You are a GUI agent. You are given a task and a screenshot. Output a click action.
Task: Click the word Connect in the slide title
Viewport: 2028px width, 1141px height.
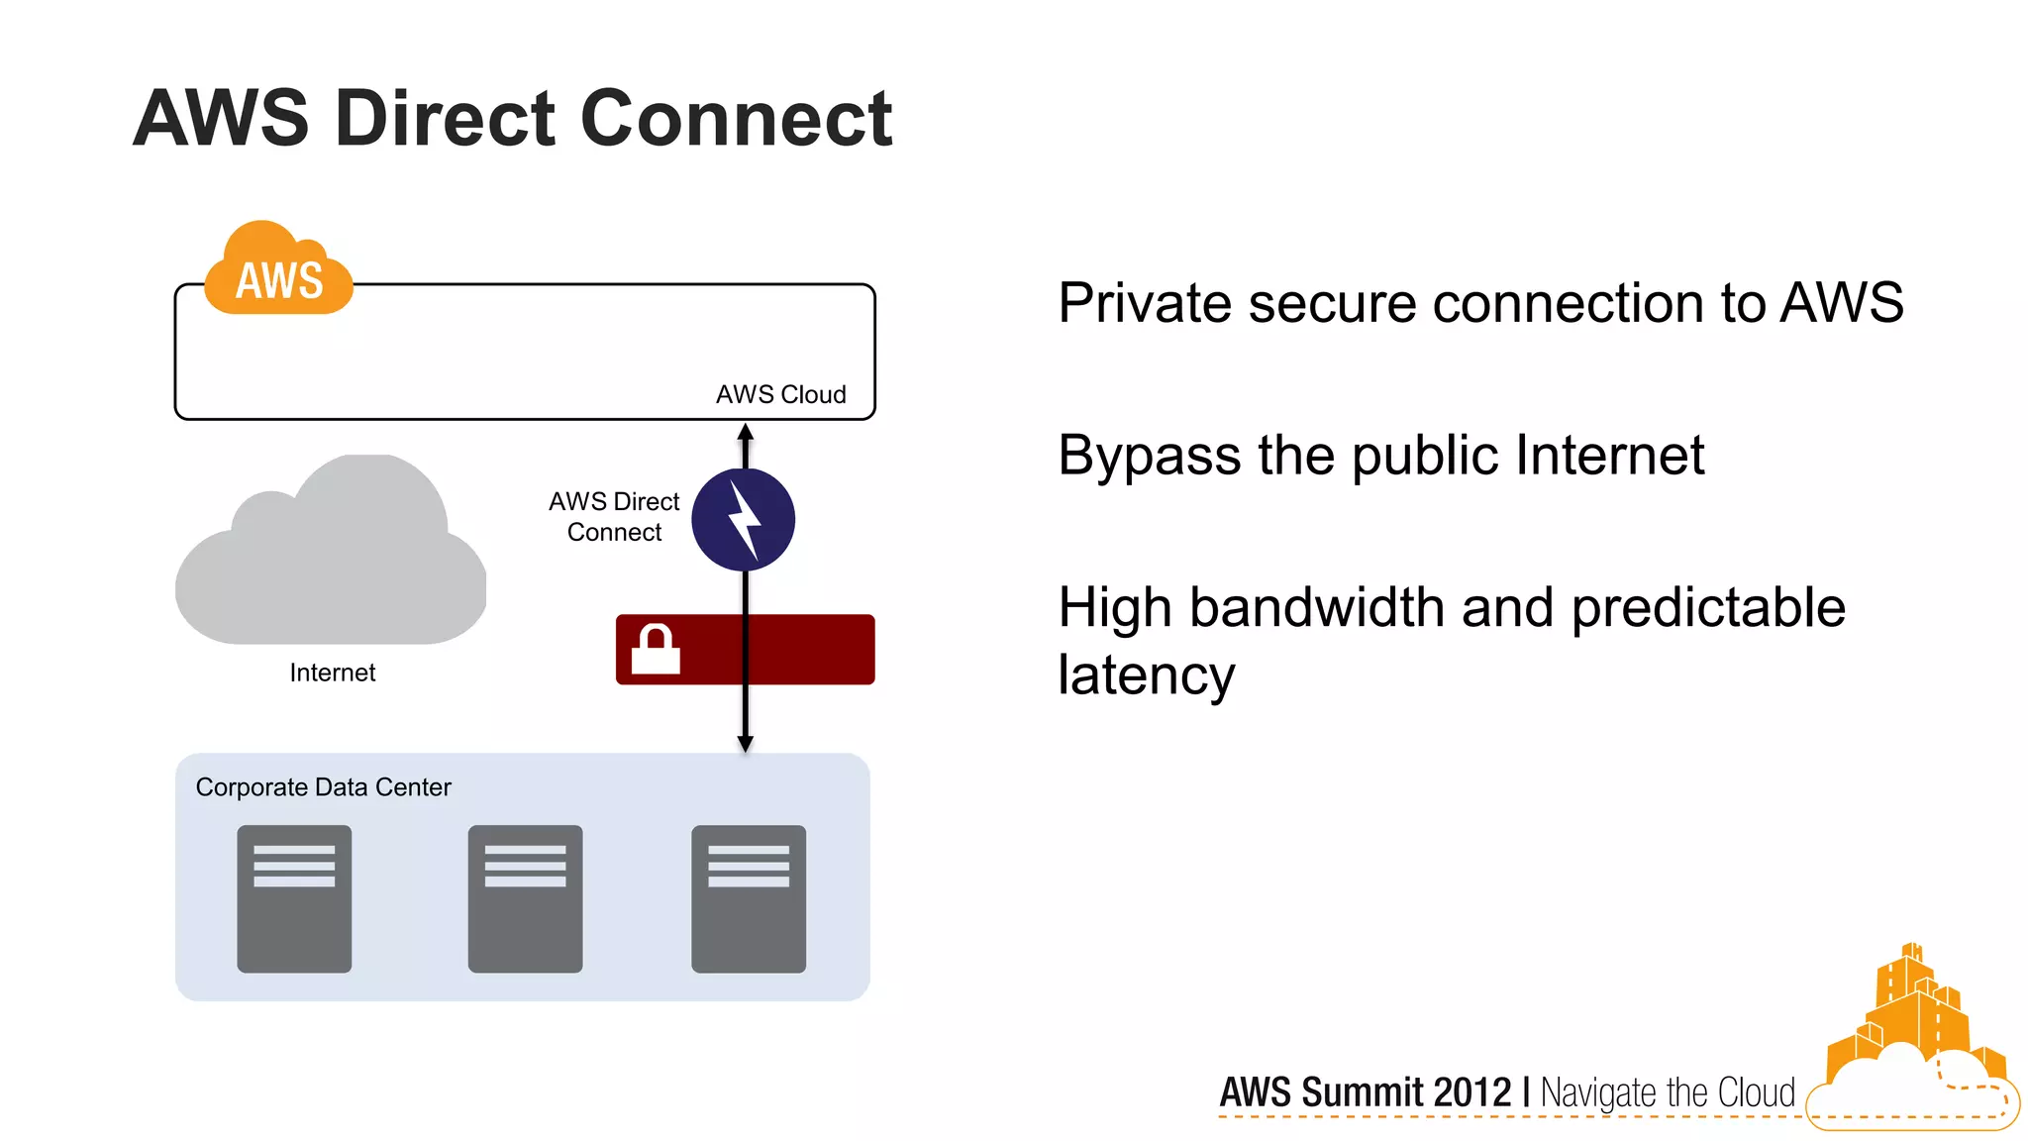736,119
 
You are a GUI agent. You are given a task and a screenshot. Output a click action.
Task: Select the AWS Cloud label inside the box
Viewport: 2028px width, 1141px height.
780,394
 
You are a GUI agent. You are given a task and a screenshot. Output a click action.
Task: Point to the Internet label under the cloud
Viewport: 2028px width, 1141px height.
332,673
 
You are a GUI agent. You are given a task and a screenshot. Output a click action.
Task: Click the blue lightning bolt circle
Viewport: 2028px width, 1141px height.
743,520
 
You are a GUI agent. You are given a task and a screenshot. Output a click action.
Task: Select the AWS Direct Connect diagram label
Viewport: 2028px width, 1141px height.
614,516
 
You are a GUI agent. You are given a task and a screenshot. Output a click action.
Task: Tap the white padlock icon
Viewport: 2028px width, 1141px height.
656,650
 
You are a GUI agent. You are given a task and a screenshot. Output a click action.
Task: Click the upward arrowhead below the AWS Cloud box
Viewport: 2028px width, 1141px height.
746,433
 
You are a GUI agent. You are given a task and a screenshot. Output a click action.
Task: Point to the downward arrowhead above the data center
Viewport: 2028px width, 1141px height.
746,743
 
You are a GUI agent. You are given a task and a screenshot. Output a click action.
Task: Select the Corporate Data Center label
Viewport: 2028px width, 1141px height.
323,787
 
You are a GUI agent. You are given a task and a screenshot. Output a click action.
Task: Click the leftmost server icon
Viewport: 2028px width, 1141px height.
294,898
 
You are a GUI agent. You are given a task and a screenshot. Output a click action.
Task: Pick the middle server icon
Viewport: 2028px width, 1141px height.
525,898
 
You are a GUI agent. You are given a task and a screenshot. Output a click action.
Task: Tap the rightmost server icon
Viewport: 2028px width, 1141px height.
749,898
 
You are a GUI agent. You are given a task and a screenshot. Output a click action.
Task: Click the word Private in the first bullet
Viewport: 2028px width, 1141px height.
1145,303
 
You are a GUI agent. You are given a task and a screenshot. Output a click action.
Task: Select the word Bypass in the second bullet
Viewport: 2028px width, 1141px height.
1149,457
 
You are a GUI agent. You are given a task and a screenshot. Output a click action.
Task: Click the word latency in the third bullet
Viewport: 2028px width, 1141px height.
1146,675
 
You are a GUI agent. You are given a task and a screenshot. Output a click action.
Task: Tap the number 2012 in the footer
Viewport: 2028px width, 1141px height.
1471,1092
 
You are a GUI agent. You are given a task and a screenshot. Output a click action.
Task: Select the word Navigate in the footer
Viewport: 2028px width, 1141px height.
1599,1093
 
